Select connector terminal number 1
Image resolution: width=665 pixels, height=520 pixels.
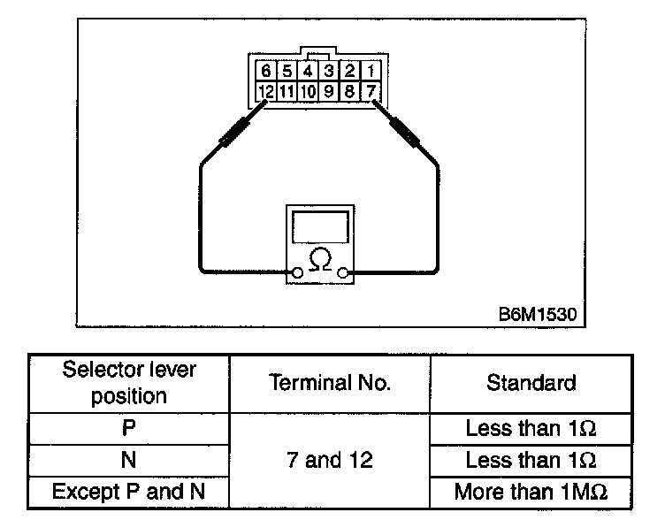pos(371,71)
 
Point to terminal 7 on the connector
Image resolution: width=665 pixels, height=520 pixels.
pos(371,90)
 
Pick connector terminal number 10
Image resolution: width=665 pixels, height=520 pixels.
pos(308,90)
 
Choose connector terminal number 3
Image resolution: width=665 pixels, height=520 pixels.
pos(328,71)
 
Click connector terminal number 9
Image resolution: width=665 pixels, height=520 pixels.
pos(329,90)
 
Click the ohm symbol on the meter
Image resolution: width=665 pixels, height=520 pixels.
pos(321,259)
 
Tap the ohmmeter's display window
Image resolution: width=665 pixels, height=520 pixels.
pos(321,227)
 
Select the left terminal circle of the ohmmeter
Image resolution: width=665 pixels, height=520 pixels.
pos(297,273)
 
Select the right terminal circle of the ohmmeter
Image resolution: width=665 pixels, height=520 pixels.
pos(345,273)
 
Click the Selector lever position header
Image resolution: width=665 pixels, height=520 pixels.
pos(129,382)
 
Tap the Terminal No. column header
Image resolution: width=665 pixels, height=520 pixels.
pos(328,383)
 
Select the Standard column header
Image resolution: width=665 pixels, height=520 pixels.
pos(531,383)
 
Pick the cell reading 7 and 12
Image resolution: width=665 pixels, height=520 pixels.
pos(328,460)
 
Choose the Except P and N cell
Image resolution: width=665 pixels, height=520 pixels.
pos(129,491)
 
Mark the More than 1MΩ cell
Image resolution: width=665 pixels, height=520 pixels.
pos(531,491)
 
